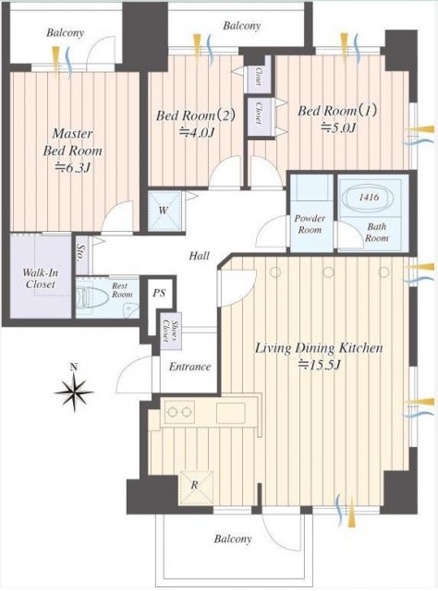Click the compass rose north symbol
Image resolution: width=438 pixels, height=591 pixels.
[74, 391]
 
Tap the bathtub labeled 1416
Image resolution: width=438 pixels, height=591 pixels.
[370, 198]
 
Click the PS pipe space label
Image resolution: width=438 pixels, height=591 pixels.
[159, 293]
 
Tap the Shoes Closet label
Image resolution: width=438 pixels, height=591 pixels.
[171, 331]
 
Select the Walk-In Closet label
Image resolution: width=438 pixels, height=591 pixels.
[41, 278]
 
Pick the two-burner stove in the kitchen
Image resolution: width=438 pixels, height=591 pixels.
[179, 412]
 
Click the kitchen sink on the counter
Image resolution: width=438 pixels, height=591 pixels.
[230, 413]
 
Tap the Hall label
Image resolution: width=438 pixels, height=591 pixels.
[200, 257]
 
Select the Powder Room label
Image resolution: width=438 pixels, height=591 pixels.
[310, 223]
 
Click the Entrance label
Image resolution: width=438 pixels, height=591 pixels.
[189, 367]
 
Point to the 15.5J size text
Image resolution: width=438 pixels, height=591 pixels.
[320, 365]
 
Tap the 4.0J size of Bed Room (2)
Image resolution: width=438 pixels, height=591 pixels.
[196, 133]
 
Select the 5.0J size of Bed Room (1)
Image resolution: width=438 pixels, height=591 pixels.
[338, 128]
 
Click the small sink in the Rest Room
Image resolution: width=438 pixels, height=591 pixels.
[129, 309]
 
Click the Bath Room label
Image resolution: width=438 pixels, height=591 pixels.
[377, 232]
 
